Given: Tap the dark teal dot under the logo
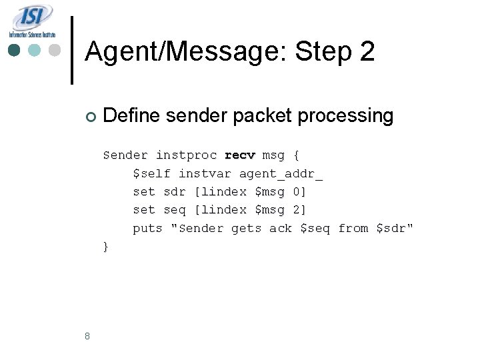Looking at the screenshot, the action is click(14, 50).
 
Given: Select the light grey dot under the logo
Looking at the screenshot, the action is click(55, 50).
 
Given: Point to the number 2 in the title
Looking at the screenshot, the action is click(367, 52).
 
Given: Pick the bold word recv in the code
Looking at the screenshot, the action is click(240, 155).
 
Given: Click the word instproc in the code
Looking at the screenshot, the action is click(186, 155).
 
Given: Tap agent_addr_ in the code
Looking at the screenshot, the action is click(281, 174).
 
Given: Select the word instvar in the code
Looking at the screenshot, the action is click(205, 174).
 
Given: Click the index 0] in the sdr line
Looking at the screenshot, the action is click(299, 192).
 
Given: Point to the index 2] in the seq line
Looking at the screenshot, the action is click(299, 210).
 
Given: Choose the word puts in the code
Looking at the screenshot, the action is click(147, 229).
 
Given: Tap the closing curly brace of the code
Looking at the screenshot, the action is click(106, 247).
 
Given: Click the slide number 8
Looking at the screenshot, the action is click(87, 336).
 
